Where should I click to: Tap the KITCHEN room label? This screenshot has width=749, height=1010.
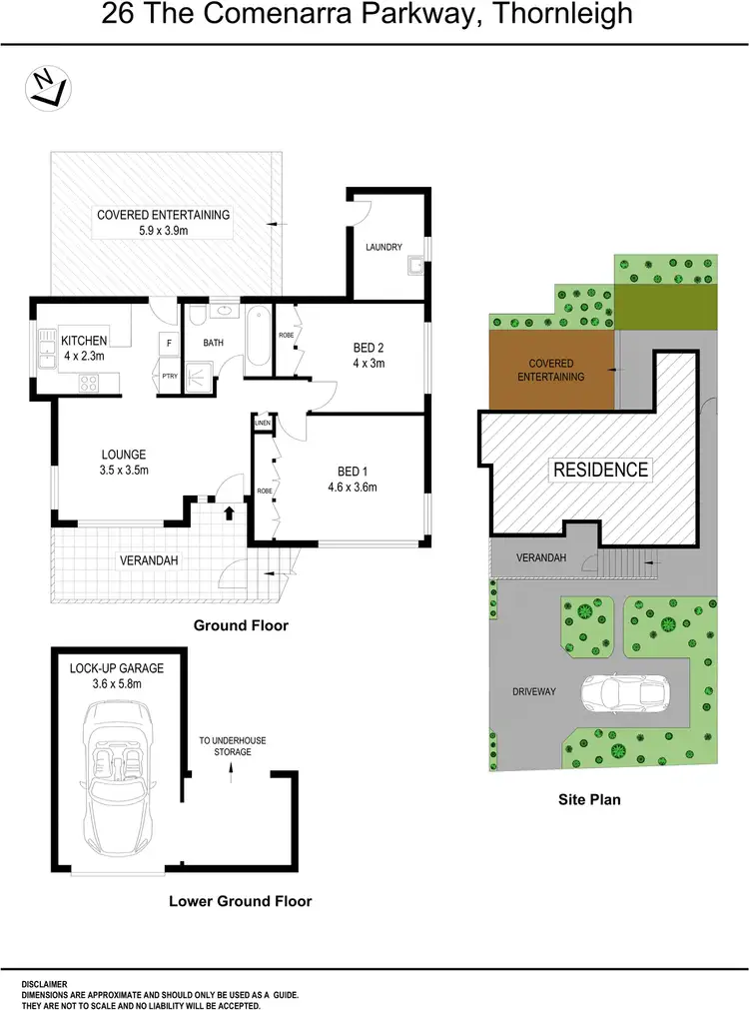(x=84, y=341)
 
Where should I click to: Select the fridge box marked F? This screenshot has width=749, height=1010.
(x=168, y=344)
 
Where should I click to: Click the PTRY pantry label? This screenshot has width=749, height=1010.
(x=169, y=376)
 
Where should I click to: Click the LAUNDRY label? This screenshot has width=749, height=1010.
(x=383, y=247)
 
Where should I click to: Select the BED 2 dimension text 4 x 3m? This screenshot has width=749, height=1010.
(x=369, y=363)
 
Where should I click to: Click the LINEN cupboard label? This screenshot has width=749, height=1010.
(x=263, y=424)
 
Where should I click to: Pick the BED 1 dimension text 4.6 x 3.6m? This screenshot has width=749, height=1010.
(x=352, y=488)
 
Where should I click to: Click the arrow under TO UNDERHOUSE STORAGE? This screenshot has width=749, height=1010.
(x=231, y=770)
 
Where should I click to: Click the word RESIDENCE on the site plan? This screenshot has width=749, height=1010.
(x=601, y=469)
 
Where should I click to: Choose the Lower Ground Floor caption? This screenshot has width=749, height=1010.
(x=240, y=901)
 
